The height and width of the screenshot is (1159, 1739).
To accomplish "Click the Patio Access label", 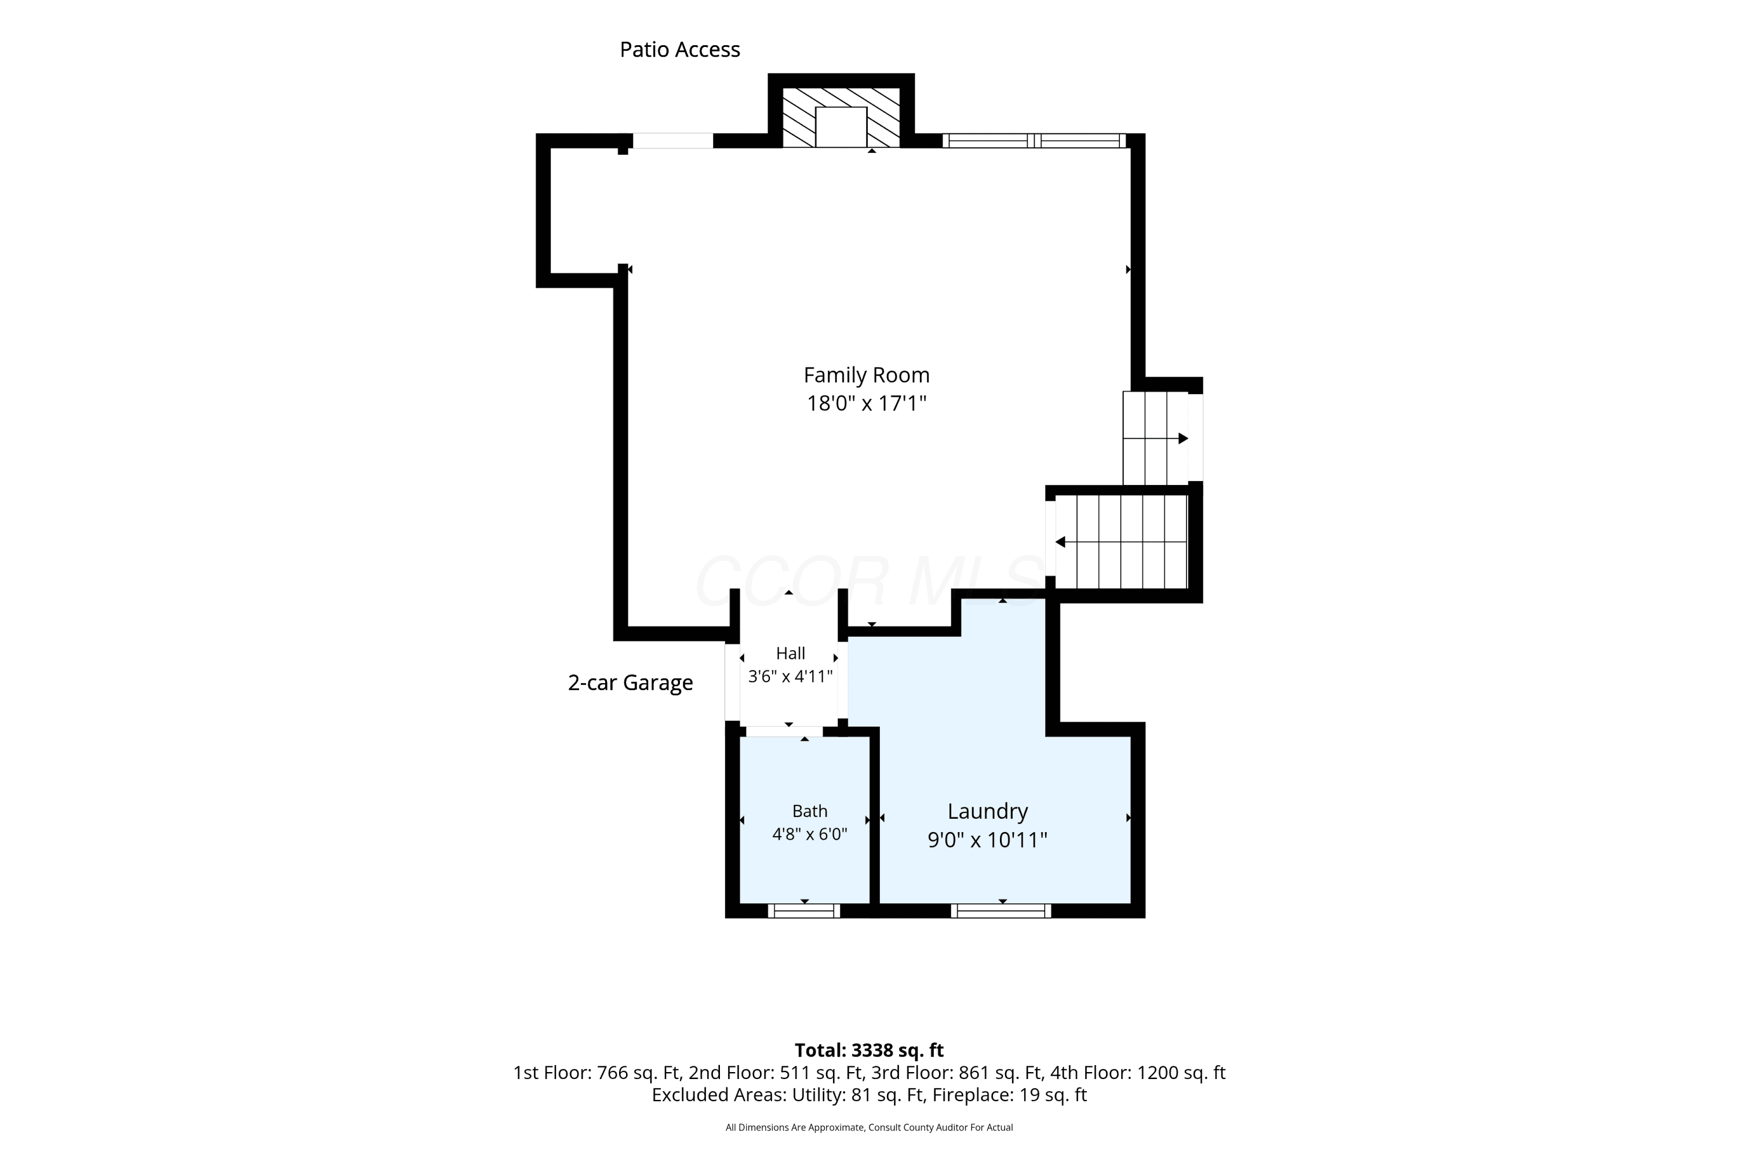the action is click(679, 49).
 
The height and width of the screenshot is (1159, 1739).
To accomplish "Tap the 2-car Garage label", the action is click(630, 682).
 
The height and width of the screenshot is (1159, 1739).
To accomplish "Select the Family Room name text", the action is click(867, 376).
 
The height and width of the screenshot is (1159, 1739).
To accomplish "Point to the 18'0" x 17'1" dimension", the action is click(867, 403).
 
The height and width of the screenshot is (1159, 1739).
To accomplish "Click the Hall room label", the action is click(791, 654).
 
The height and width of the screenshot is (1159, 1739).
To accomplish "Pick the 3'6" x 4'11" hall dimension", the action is click(791, 676).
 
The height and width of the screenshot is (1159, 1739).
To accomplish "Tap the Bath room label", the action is click(810, 811).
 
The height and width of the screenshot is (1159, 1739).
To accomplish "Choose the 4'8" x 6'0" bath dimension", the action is click(810, 834).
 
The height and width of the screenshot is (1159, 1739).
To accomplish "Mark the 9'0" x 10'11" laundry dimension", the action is click(988, 840).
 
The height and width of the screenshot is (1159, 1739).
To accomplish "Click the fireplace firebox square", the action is click(841, 127).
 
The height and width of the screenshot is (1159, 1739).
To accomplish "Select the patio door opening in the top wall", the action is click(673, 140).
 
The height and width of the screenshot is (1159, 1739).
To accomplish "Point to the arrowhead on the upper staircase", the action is click(1183, 438).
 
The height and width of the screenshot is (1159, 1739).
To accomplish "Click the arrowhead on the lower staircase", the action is click(1060, 542).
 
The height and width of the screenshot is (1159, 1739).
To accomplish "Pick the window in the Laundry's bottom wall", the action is click(1001, 910).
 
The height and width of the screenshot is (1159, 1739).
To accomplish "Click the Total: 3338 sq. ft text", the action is click(869, 1050).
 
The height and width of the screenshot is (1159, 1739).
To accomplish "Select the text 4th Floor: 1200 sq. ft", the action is click(1138, 1073).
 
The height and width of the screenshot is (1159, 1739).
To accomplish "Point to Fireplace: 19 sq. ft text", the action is click(1009, 1095).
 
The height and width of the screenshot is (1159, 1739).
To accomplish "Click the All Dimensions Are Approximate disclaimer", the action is click(869, 1127).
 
